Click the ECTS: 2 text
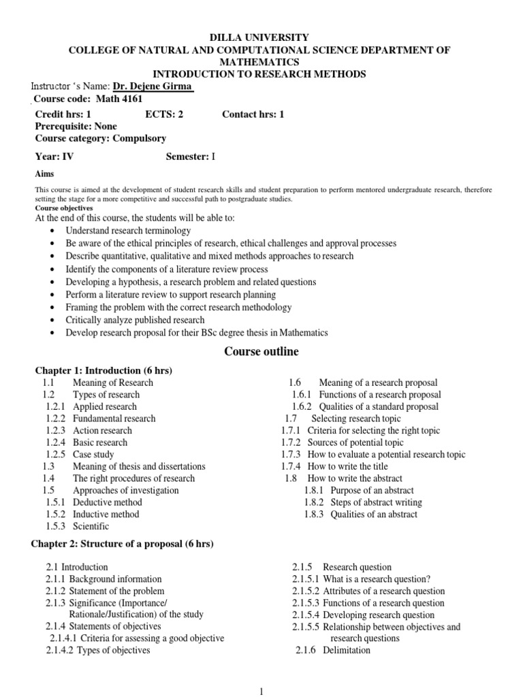coord(164,114)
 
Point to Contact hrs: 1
coord(253,114)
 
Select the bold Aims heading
coord(44,174)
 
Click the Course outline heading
coord(261,352)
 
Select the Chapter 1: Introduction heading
coord(104,370)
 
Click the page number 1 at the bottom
coord(261,692)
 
